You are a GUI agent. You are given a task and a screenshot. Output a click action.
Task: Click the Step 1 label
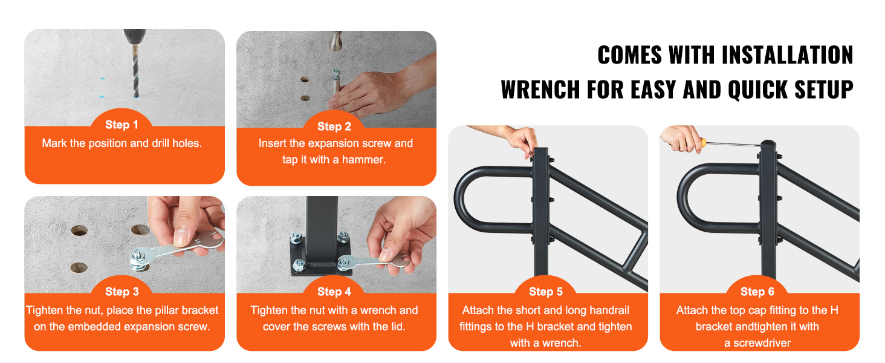pyautogui.click(x=122, y=125)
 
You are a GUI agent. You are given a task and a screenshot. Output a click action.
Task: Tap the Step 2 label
pyautogui.click(x=334, y=126)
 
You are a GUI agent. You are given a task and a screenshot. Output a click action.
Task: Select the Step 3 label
pyautogui.click(x=122, y=292)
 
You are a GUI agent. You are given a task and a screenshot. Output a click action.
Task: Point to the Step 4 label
pyautogui.click(x=334, y=292)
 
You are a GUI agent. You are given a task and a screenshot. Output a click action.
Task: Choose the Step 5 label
pyautogui.click(x=546, y=292)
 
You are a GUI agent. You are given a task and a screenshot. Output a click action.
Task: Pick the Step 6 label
pyautogui.click(x=757, y=292)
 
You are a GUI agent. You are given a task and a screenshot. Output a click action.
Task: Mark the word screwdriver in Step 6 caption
pyautogui.click(x=757, y=343)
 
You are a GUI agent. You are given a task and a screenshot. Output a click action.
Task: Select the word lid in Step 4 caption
pyautogui.click(x=397, y=327)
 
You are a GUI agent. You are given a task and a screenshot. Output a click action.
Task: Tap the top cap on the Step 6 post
pyautogui.click(x=767, y=144)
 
